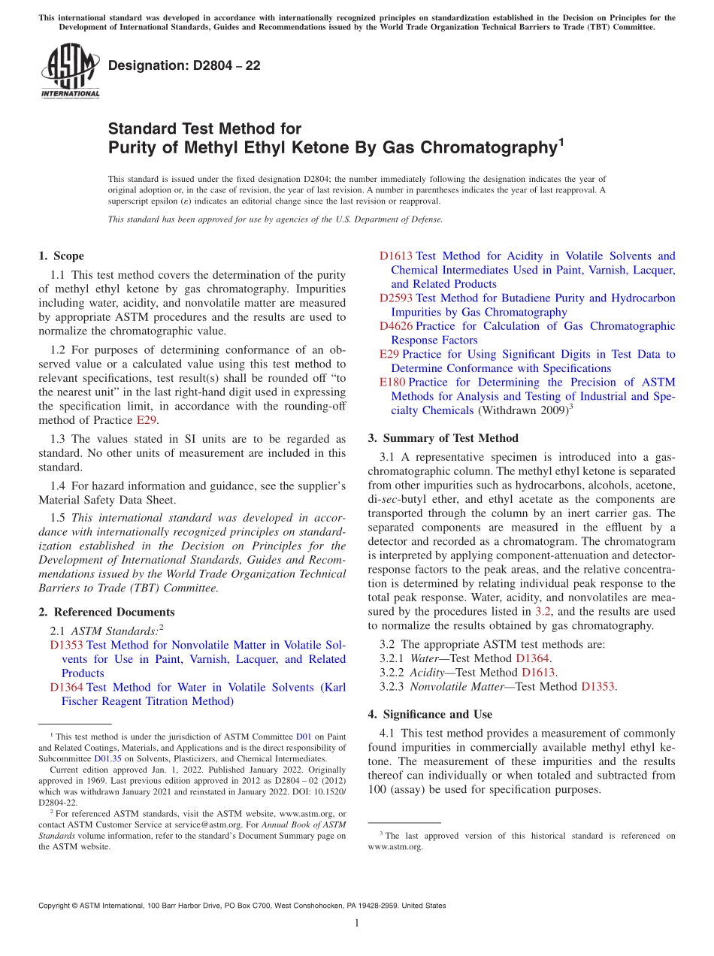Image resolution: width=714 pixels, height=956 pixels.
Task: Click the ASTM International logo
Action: (70, 71)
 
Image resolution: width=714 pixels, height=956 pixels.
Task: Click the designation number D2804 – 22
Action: (184, 65)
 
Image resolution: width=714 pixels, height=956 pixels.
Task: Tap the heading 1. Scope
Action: (61, 256)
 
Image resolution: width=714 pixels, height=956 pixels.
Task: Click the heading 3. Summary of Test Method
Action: (443, 438)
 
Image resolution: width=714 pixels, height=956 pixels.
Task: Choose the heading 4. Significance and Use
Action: (430, 714)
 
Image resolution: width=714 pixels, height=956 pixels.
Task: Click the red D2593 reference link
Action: (395, 298)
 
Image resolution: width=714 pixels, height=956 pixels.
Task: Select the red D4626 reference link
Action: (395, 326)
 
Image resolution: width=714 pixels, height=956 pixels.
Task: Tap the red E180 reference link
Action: (392, 383)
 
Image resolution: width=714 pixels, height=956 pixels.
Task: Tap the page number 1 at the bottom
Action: (357, 923)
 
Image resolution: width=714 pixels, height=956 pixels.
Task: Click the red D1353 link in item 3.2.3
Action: (598, 686)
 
